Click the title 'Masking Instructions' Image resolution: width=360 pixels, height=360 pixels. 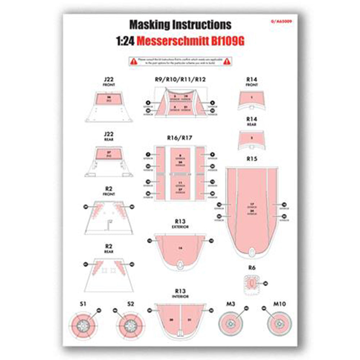[180, 25]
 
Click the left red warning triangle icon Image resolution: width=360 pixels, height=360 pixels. [134, 62]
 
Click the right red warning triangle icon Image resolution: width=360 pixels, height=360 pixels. [226, 62]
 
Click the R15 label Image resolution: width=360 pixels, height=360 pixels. [252, 158]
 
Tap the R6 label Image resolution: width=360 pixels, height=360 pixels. [252, 267]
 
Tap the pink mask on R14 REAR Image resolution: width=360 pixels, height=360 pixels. [252, 137]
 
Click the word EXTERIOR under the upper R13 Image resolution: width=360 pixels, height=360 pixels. [180, 227]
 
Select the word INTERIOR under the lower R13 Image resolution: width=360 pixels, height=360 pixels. [180, 297]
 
